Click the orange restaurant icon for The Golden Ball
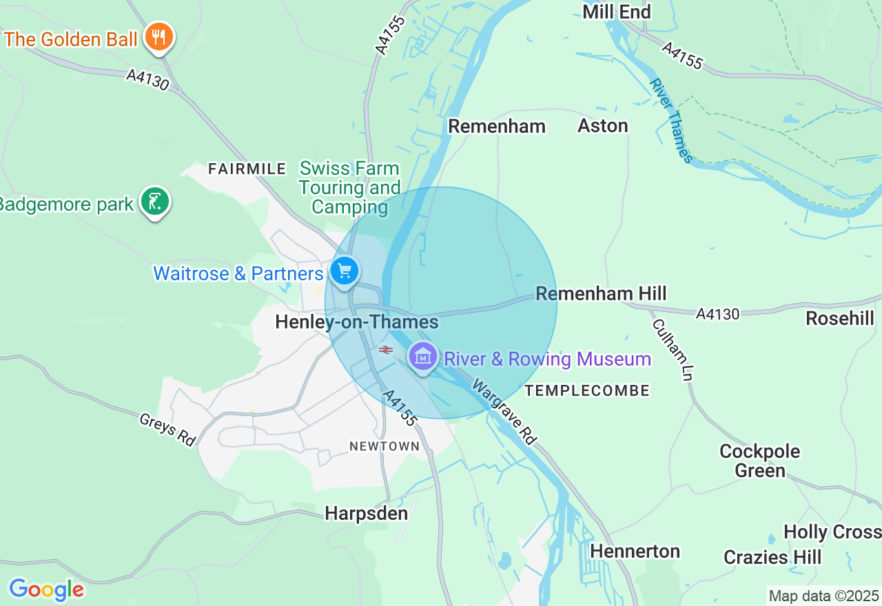159,36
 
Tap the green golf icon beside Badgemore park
155,202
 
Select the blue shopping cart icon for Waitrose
344,271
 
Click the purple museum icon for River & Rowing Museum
423,357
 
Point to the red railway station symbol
386,350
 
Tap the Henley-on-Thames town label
356,322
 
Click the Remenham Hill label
601,294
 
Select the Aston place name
603,126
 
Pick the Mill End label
616,12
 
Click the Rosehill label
840,318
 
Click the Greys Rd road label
167,430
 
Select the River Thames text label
670,121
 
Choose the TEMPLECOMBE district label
587,391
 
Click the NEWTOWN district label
384,446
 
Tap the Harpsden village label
366,514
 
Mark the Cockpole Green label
759,461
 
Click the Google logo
46,589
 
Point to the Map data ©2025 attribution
823,596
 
